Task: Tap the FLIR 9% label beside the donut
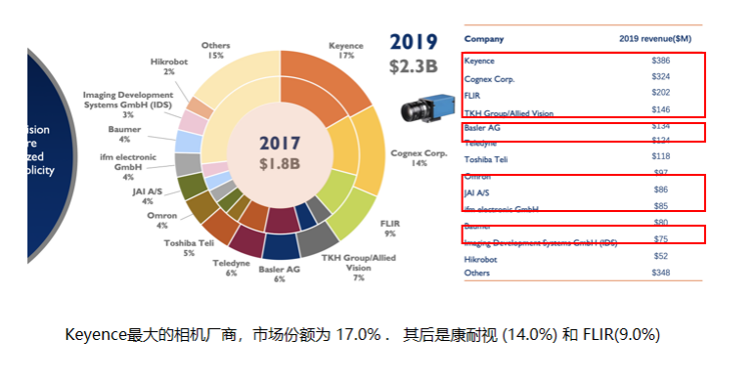pyautogui.click(x=389, y=229)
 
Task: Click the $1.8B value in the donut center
pyautogui.click(x=280, y=163)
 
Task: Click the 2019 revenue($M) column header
pyautogui.click(x=654, y=39)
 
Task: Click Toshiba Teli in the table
pyautogui.click(x=490, y=158)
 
